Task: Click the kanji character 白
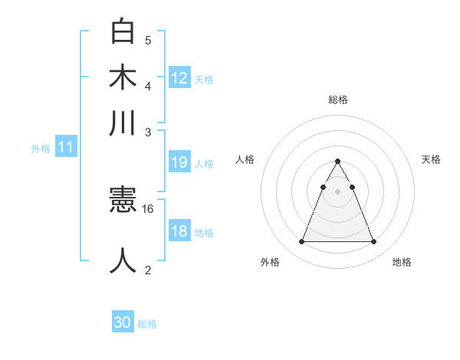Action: [123, 32]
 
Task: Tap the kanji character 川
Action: [123, 123]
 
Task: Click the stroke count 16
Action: [149, 208]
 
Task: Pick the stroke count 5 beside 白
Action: [148, 40]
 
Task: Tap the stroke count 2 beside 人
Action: [148, 269]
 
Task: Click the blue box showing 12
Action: [179, 78]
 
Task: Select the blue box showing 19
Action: [179, 162]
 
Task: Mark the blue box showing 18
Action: [179, 232]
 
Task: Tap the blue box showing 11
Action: [66, 148]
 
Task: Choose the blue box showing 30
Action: [123, 322]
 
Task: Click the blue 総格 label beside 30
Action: [147, 324]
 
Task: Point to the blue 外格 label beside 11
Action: [40, 149]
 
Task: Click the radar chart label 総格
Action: [337, 100]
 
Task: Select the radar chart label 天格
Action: [431, 159]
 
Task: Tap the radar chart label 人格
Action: [245, 159]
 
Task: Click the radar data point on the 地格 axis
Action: [373, 242]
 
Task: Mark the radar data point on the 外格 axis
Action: [301, 242]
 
